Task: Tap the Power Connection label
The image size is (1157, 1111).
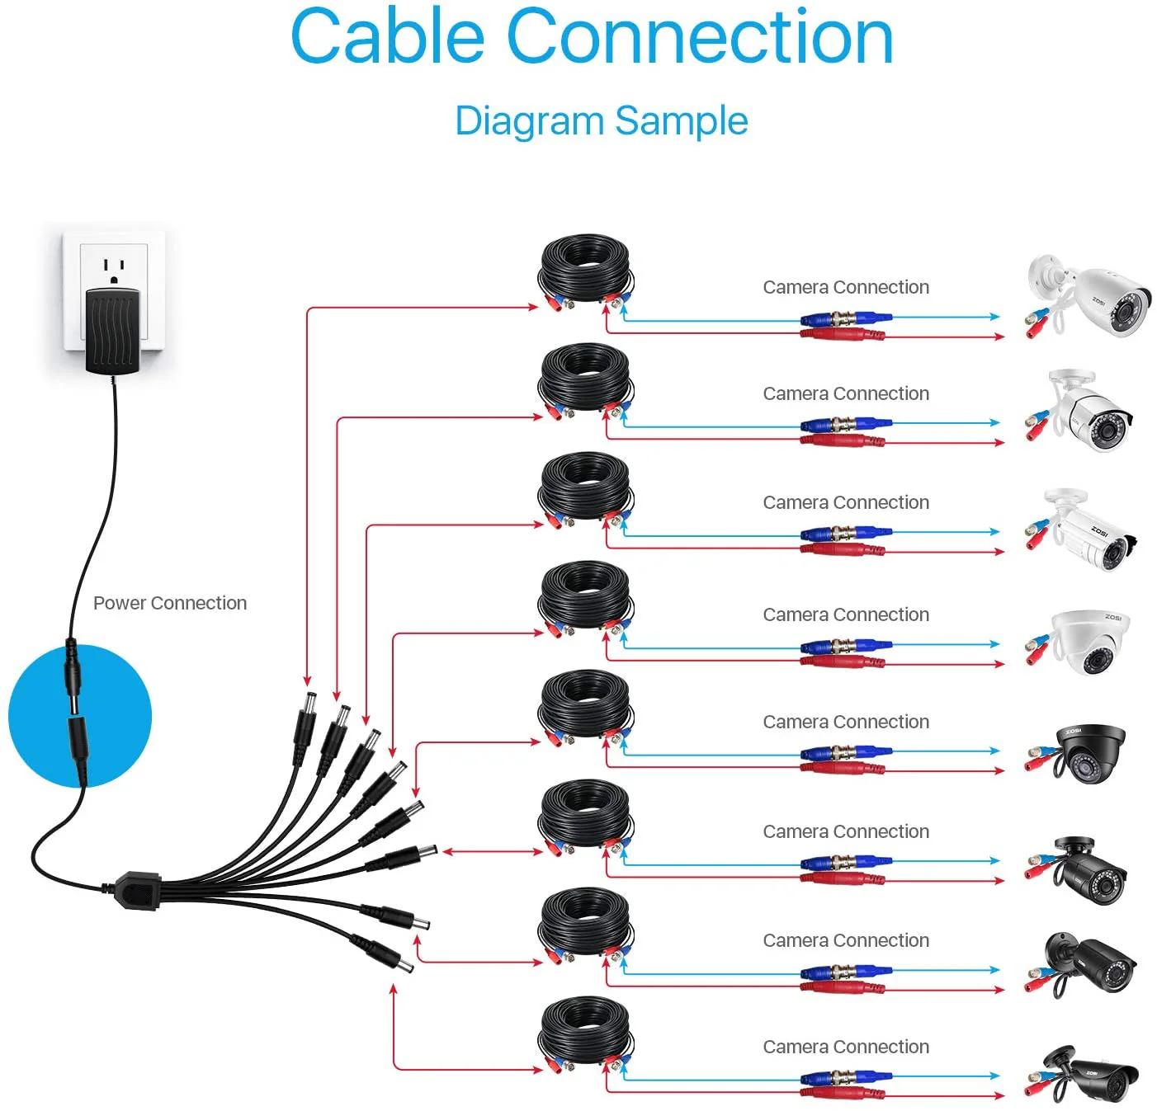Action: point(170,603)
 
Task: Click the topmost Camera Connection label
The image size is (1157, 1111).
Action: point(846,287)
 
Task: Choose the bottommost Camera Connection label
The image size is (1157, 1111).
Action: point(846,1047)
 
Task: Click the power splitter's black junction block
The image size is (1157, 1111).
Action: point(137,890)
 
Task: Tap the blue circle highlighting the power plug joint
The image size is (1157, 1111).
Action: point(80,716)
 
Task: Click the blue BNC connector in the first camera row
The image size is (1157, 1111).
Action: point(846,318)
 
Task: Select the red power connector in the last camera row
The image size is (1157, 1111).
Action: point(843,1094)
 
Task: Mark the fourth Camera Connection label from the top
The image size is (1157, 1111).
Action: point(846,614)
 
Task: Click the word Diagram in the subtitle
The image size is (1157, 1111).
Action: point(529,121)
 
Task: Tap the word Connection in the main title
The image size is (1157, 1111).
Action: point(699,37)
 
